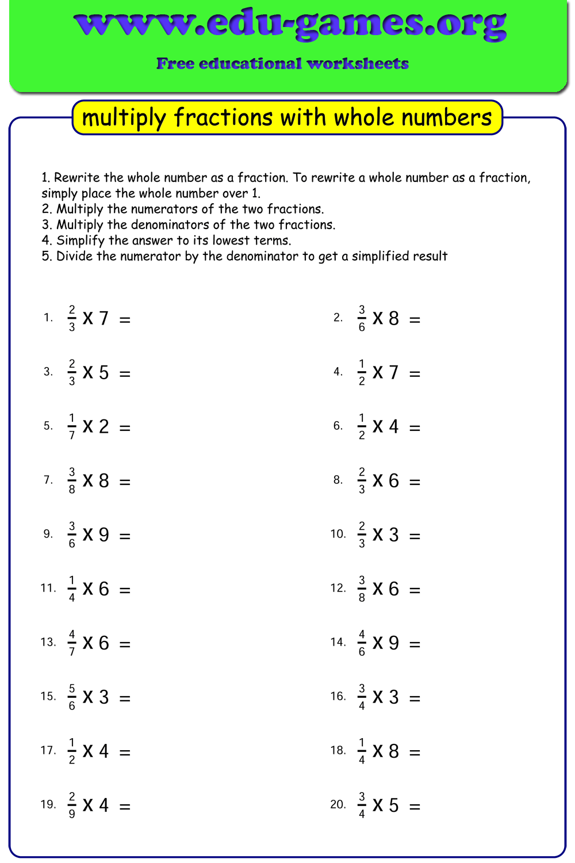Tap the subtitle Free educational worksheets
[x=282, y=63]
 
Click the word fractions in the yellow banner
[x=224, y=117]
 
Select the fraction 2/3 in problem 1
[x=72, y=318]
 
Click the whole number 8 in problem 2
[x=393, y=318]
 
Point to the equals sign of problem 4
[x=415, y=374]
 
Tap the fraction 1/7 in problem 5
[x=72, y=426]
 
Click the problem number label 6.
[x=338, y=426]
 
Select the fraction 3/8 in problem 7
[x=72, y=480]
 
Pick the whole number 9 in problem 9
[x=103, y=534]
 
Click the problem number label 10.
[x=338, y=534]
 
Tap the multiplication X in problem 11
[x=88, y=589]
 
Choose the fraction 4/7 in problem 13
[x=72, y=643]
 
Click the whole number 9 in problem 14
[x=393, y=643]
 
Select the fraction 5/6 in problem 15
[x=72, y=697]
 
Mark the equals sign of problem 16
[x=415, y=698]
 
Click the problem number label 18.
[x=338, y=750]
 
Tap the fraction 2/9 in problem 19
[x=72, y=805]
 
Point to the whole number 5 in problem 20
[x=393, y=805]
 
